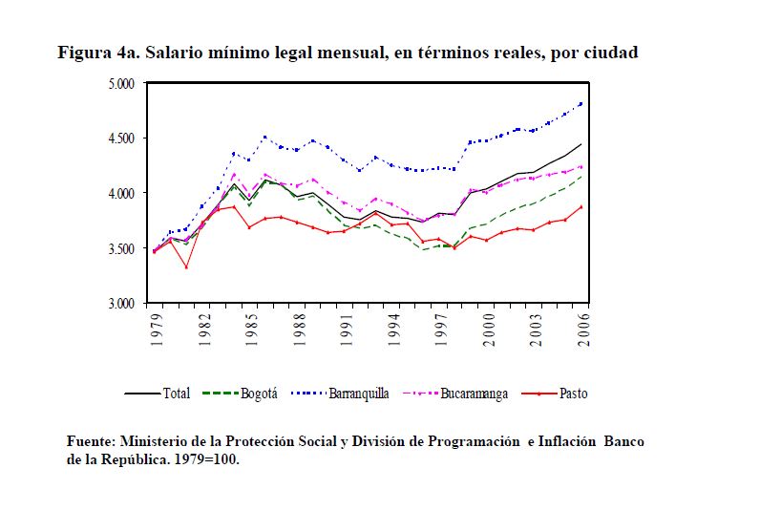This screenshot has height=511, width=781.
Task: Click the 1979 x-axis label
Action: pos(155,328)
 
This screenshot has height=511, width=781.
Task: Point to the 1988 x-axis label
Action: pos(299,328)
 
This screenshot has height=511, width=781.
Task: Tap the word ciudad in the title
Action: pos(607,53)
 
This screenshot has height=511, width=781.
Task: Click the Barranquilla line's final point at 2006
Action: pos(580,103)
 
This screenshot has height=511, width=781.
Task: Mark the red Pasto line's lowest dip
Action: pos(186,266)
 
